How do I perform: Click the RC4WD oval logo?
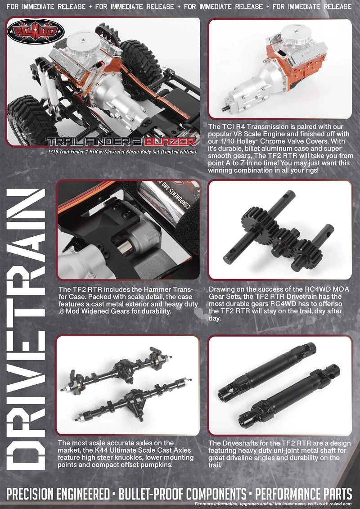(x=36, y=32)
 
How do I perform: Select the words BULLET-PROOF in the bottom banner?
(x=151, y=495)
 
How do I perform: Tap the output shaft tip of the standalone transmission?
(x=224, y=108)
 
